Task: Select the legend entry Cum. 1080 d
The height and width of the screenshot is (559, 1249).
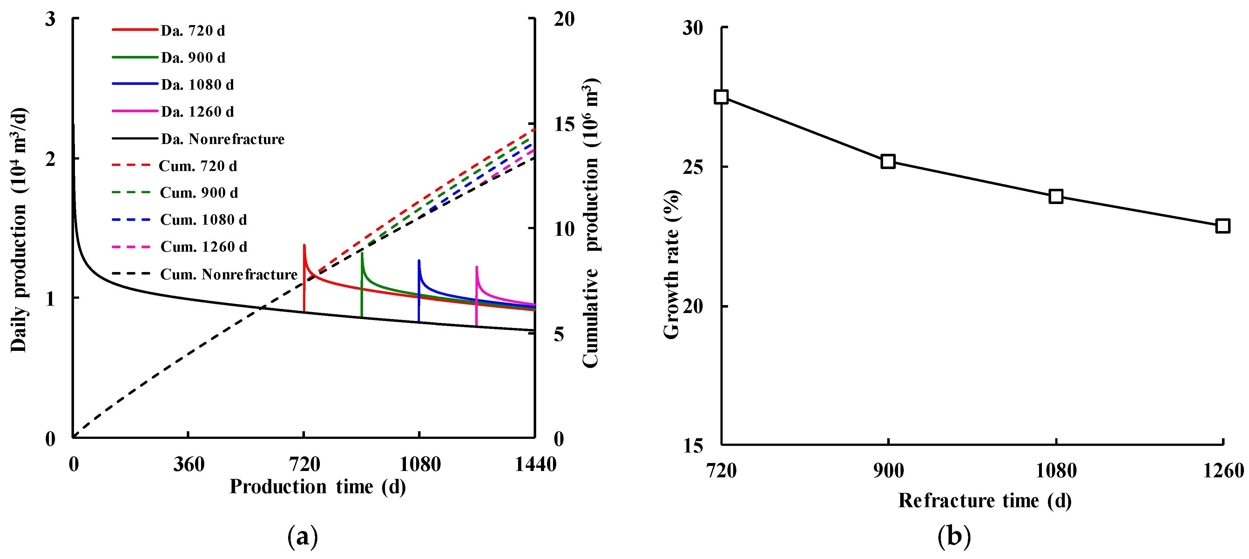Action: [x=203, y=220]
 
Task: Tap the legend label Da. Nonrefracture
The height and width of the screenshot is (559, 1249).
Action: [x=223, y=139]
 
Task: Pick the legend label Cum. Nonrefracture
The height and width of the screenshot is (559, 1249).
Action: [x=228, y=275]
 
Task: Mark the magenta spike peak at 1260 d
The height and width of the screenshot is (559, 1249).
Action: [x=476, y=267]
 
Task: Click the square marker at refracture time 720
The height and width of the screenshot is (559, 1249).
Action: [x=721, y=97]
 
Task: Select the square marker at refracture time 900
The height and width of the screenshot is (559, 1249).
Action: [x=888, y=161]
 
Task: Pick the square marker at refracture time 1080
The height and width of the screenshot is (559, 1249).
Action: [x=1056, y=196]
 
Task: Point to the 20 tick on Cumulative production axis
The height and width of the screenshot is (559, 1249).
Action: [x=564, y=19]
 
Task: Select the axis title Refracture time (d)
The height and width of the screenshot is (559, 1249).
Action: [x=984, y=500]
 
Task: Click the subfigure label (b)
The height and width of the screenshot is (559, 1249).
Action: [x=954, y=537]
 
